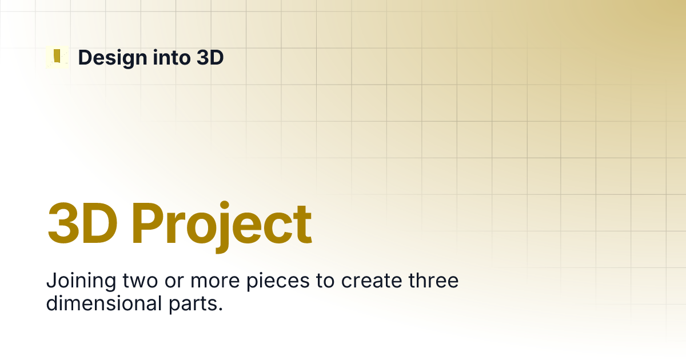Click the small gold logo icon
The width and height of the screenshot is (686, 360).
(x=57, y=57)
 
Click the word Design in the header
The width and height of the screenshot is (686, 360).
(x=113, y=58)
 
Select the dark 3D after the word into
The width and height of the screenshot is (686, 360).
(x=210, y=57)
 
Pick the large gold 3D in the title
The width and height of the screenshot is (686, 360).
(x=82, y=222)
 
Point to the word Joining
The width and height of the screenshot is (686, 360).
(x=81, y=282)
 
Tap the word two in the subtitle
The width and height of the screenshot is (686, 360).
(x=140, y=281)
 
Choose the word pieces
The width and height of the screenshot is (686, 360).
(x=278, y=282)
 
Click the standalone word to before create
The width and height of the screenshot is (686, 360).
(x=325, y=281)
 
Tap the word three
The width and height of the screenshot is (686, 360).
(x=433, y=281)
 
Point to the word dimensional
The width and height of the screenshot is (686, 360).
(x=104, y=303)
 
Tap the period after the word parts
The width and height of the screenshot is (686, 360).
(x=221, y=310)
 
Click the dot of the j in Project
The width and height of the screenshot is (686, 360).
(x=225, y=205)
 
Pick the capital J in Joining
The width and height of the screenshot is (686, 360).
(x=52, y=281)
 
